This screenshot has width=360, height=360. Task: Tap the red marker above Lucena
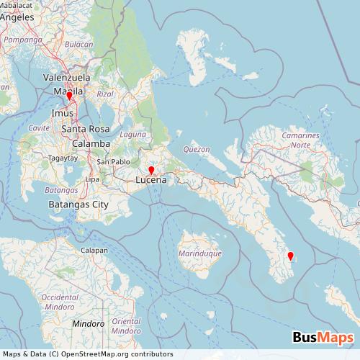(151, 171)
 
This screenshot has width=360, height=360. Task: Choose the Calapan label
(94, 250)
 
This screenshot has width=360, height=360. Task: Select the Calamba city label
(90, 143)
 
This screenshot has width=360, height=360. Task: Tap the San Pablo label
(114, 161)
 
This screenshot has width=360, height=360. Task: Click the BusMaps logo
(323, 338)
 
